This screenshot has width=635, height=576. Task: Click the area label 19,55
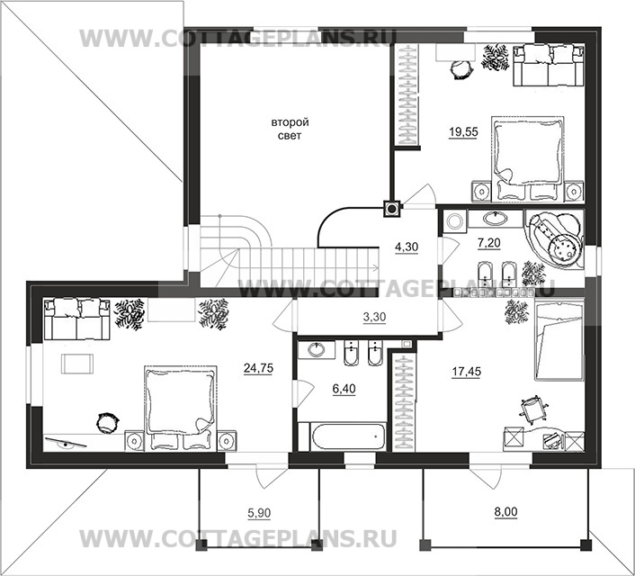click(x=463, y=131)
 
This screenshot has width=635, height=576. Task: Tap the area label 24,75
click(x=258, y=368)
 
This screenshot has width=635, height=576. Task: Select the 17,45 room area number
click(x=467, y=372)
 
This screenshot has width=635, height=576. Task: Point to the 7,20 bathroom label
click(x=489, y=243)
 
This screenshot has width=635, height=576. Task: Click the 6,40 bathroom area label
click(x=344, y=389)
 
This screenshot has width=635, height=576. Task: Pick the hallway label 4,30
click(x=407, y=247)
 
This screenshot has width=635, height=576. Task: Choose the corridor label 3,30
click(x=374, y=317)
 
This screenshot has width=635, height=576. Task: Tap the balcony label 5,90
click(x=259, y=513)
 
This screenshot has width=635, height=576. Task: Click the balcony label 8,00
click(x=505, y=512)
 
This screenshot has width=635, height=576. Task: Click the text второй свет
click(x=290, y=129)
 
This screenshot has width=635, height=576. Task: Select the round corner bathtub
click(x=555, y=238)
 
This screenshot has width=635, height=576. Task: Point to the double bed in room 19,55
click(x=528, y=159)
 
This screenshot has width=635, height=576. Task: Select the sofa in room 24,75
click(x=77, y=319)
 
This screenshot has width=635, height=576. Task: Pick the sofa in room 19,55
click(x=549, y=66)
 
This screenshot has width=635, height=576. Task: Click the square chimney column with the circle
click(x=392, y=209)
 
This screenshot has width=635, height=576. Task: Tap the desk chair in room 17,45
click(x=533, y=409)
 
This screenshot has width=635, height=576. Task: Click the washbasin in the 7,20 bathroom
click(x=495, y=219)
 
